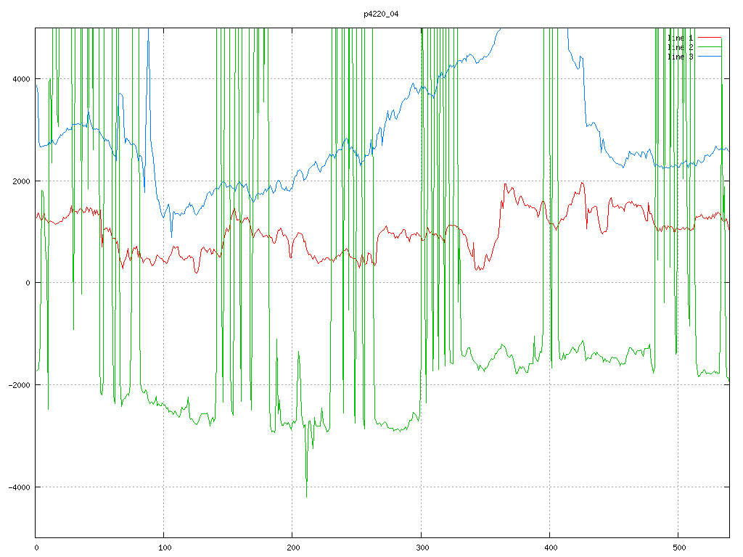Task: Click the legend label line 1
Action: [x=680, y=37]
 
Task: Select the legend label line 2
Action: [x=680, y=46]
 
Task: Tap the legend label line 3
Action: [x=680, y=56]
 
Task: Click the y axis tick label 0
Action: [x=28, y=283]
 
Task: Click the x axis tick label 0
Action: [x=36, y=547]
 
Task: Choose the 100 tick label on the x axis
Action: [x=164, y=547]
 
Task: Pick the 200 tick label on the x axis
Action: [x=292, y=547]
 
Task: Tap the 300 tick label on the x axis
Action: [x=421, y=547]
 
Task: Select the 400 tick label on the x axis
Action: [x=549, y=547]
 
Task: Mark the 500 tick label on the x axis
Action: [x=678, y=547]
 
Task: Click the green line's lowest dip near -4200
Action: [x=306, y=497]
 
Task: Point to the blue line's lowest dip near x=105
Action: [x=172, y=236]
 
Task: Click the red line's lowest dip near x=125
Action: [x=197, y=273]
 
